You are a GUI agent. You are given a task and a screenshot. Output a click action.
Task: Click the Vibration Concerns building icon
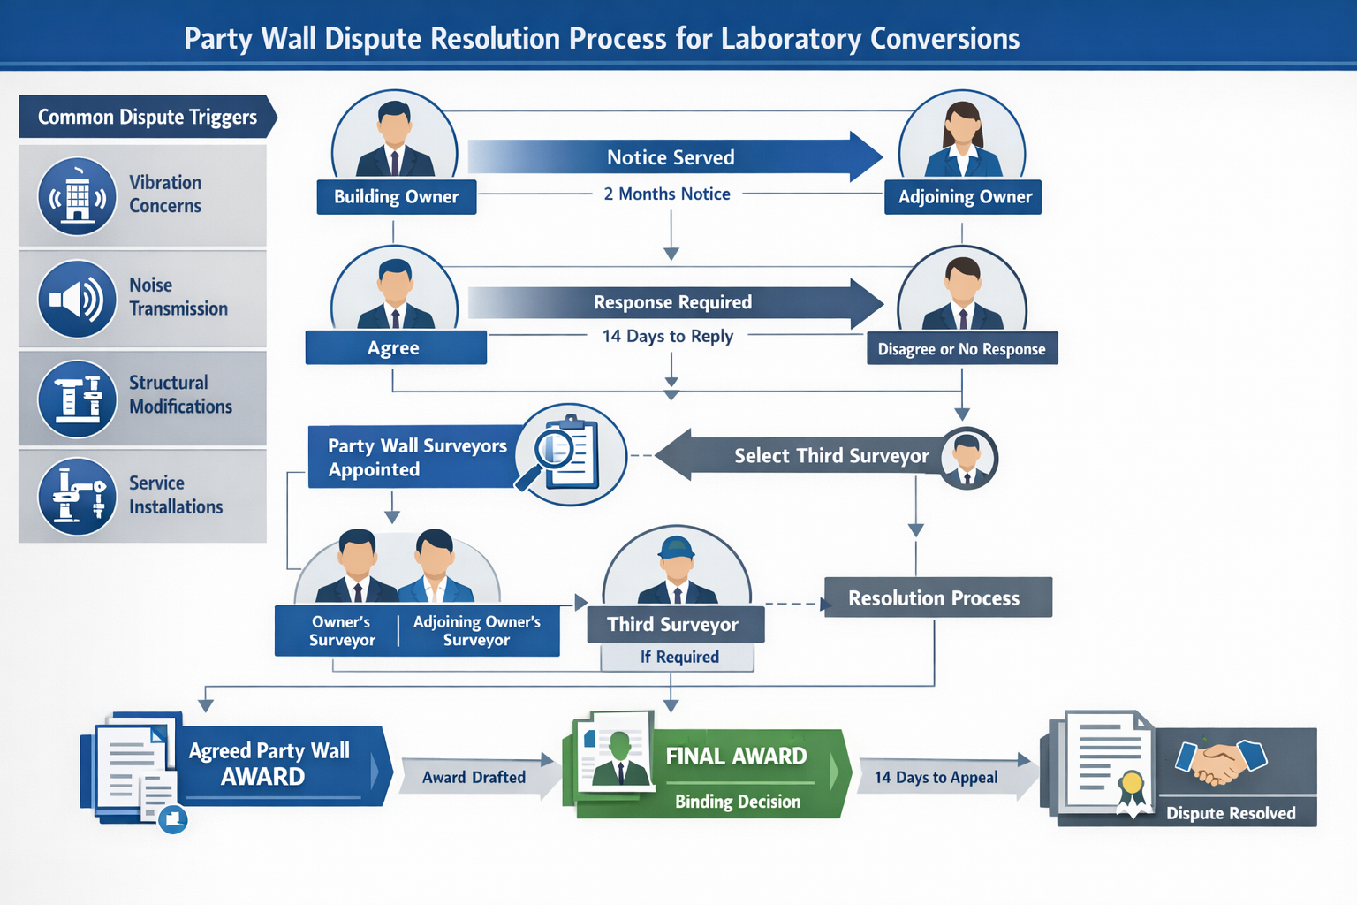point(77,196)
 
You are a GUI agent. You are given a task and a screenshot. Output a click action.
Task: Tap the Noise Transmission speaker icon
point(77,299)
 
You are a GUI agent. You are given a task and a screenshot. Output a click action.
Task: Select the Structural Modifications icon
point(77,399)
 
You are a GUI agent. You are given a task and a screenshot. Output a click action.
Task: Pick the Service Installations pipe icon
point(77,496)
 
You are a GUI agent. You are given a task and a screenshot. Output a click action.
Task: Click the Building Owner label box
point(396,196)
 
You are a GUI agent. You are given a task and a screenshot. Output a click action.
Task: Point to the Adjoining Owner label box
point(964,196)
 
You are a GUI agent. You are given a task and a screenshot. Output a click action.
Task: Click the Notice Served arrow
point(671,157)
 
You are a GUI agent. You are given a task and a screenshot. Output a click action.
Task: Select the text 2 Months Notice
point(667,194)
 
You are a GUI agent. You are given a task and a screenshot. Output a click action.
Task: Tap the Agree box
point(395,347)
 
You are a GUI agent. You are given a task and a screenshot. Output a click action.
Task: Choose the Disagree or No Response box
point(961,348)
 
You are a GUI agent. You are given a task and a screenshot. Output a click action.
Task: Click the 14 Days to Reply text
point(667,336)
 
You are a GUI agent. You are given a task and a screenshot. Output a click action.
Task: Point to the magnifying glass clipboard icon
point(568,454)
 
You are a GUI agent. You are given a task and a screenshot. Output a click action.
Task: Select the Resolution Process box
point(937,597)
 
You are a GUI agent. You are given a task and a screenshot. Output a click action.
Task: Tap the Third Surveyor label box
point(675,624)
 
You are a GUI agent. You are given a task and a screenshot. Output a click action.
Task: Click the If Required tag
point(678,657)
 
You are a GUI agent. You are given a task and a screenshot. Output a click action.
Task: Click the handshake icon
point(1221,762)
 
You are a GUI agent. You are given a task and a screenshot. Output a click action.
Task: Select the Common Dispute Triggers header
point(147,117)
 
